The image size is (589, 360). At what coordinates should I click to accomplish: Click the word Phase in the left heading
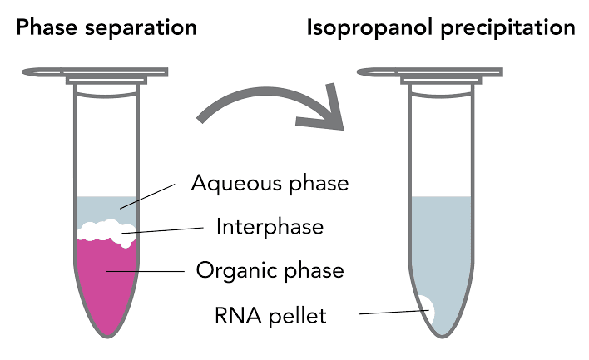tap(47, 27)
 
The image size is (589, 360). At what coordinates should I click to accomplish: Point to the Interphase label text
tap(270, 226)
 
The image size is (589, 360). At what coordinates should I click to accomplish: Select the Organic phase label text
tap(270, 270)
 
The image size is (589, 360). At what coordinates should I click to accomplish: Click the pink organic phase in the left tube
tap(106, 283)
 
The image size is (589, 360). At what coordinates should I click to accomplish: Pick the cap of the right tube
tap(433, 73)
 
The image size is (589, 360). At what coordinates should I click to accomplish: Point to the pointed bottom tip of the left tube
tap(107, 335)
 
